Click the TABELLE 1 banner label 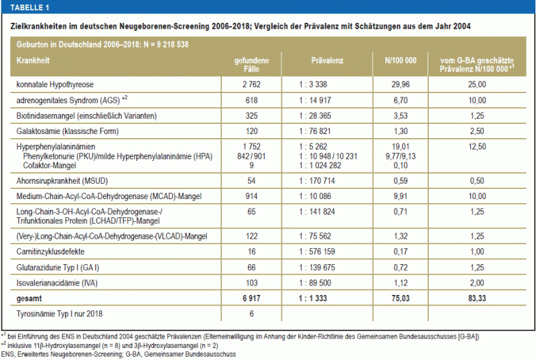29,7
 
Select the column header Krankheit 33,60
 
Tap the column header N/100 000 400,60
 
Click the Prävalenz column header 327,60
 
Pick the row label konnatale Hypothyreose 55,84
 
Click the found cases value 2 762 251,84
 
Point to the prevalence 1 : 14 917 315,100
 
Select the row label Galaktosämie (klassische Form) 68,131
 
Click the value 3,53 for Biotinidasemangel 400,115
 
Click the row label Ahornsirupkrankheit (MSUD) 62,181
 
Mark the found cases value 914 251,196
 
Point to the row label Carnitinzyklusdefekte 50,251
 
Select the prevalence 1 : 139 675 317,267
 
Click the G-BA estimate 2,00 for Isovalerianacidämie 477,283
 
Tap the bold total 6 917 251,298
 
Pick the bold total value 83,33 477,298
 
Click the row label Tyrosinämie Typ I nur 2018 59,314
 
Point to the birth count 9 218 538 173,44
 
